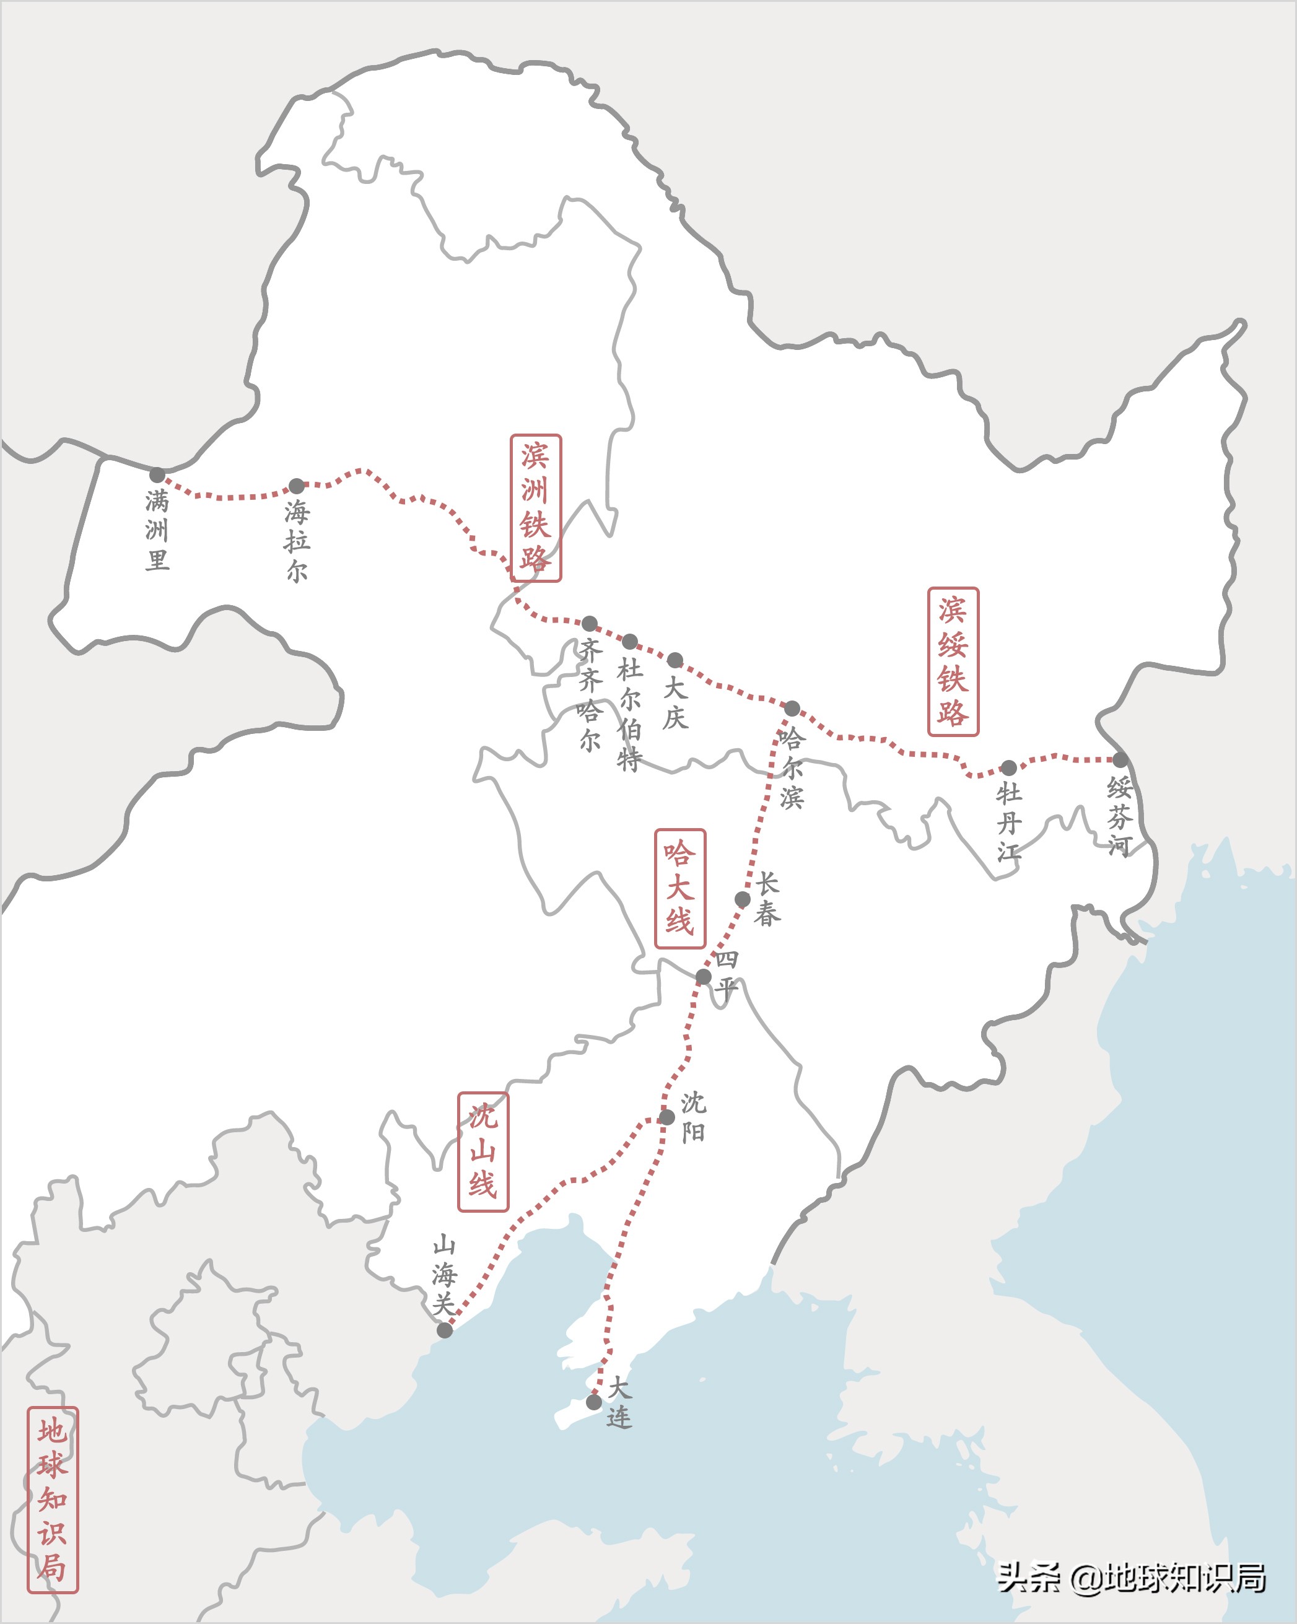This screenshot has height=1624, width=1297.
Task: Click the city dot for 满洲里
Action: [157, 475]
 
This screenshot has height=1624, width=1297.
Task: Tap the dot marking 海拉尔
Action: [297, 486]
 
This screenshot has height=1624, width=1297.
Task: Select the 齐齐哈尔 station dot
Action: [590, 624]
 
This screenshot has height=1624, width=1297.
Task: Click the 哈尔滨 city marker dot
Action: [792, 708]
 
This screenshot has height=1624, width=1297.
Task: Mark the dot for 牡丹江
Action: [1008, 767]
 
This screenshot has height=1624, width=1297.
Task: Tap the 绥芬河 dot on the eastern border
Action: [1120, 759]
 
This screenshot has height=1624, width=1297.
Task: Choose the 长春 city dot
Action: [743, 899]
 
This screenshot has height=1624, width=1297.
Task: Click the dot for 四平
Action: [703, 977]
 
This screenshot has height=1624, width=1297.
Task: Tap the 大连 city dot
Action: [594, 1402]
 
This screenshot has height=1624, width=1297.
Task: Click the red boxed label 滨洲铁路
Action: [536, 508]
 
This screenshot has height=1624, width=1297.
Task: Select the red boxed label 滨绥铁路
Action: [953, 661]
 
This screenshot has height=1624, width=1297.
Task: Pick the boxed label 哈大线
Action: [680, 889]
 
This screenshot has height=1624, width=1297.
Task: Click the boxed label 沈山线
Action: [483, 1151]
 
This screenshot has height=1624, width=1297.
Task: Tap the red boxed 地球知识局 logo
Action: [53, 1500]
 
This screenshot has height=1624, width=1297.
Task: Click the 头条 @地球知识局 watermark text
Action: [1130, 1578]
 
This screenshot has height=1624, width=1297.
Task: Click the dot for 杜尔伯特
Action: [630, 642]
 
